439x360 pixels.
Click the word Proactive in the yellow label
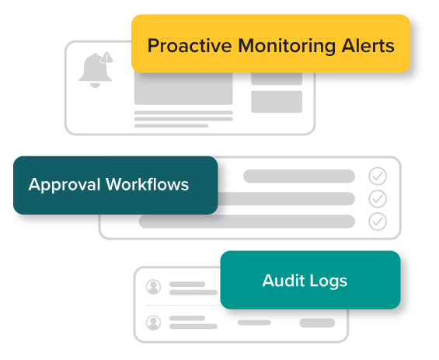pyautogui.click(x=190, y=46)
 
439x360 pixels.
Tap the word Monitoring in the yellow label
pyautogui.click(x=287, y=46)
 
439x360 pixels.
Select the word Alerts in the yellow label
pyautogui.click(x=368, y=46)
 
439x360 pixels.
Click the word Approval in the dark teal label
pyautogui.click(x=64, y=185)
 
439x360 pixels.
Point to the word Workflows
pyautogui.click(x=148, y=184)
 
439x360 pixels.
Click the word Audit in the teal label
pyautogui.click(x=284, y=281)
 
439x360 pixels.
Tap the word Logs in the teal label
pyautogui.click(x=329, y=281)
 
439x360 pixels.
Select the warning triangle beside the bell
pyautogui.click(x=106, y=58)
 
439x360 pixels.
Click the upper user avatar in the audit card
pyautogui.click(x=153, y=287)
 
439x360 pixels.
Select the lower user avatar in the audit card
pyautogui.click(x=153, y=323)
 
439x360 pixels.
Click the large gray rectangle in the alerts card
pyautogui.click(x=183, y=89)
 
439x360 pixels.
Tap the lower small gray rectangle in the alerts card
pyautogui.click(x=277, y=102)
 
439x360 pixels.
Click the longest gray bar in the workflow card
pyautogui.click(x=247, y=222)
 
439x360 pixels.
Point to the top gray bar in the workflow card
pyautogui.click(x=299, y=177)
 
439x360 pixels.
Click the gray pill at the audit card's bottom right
pyautogui.click(x=317, y=323)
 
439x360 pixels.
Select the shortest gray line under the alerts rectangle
pyautogui.click(x=172, y=126)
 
